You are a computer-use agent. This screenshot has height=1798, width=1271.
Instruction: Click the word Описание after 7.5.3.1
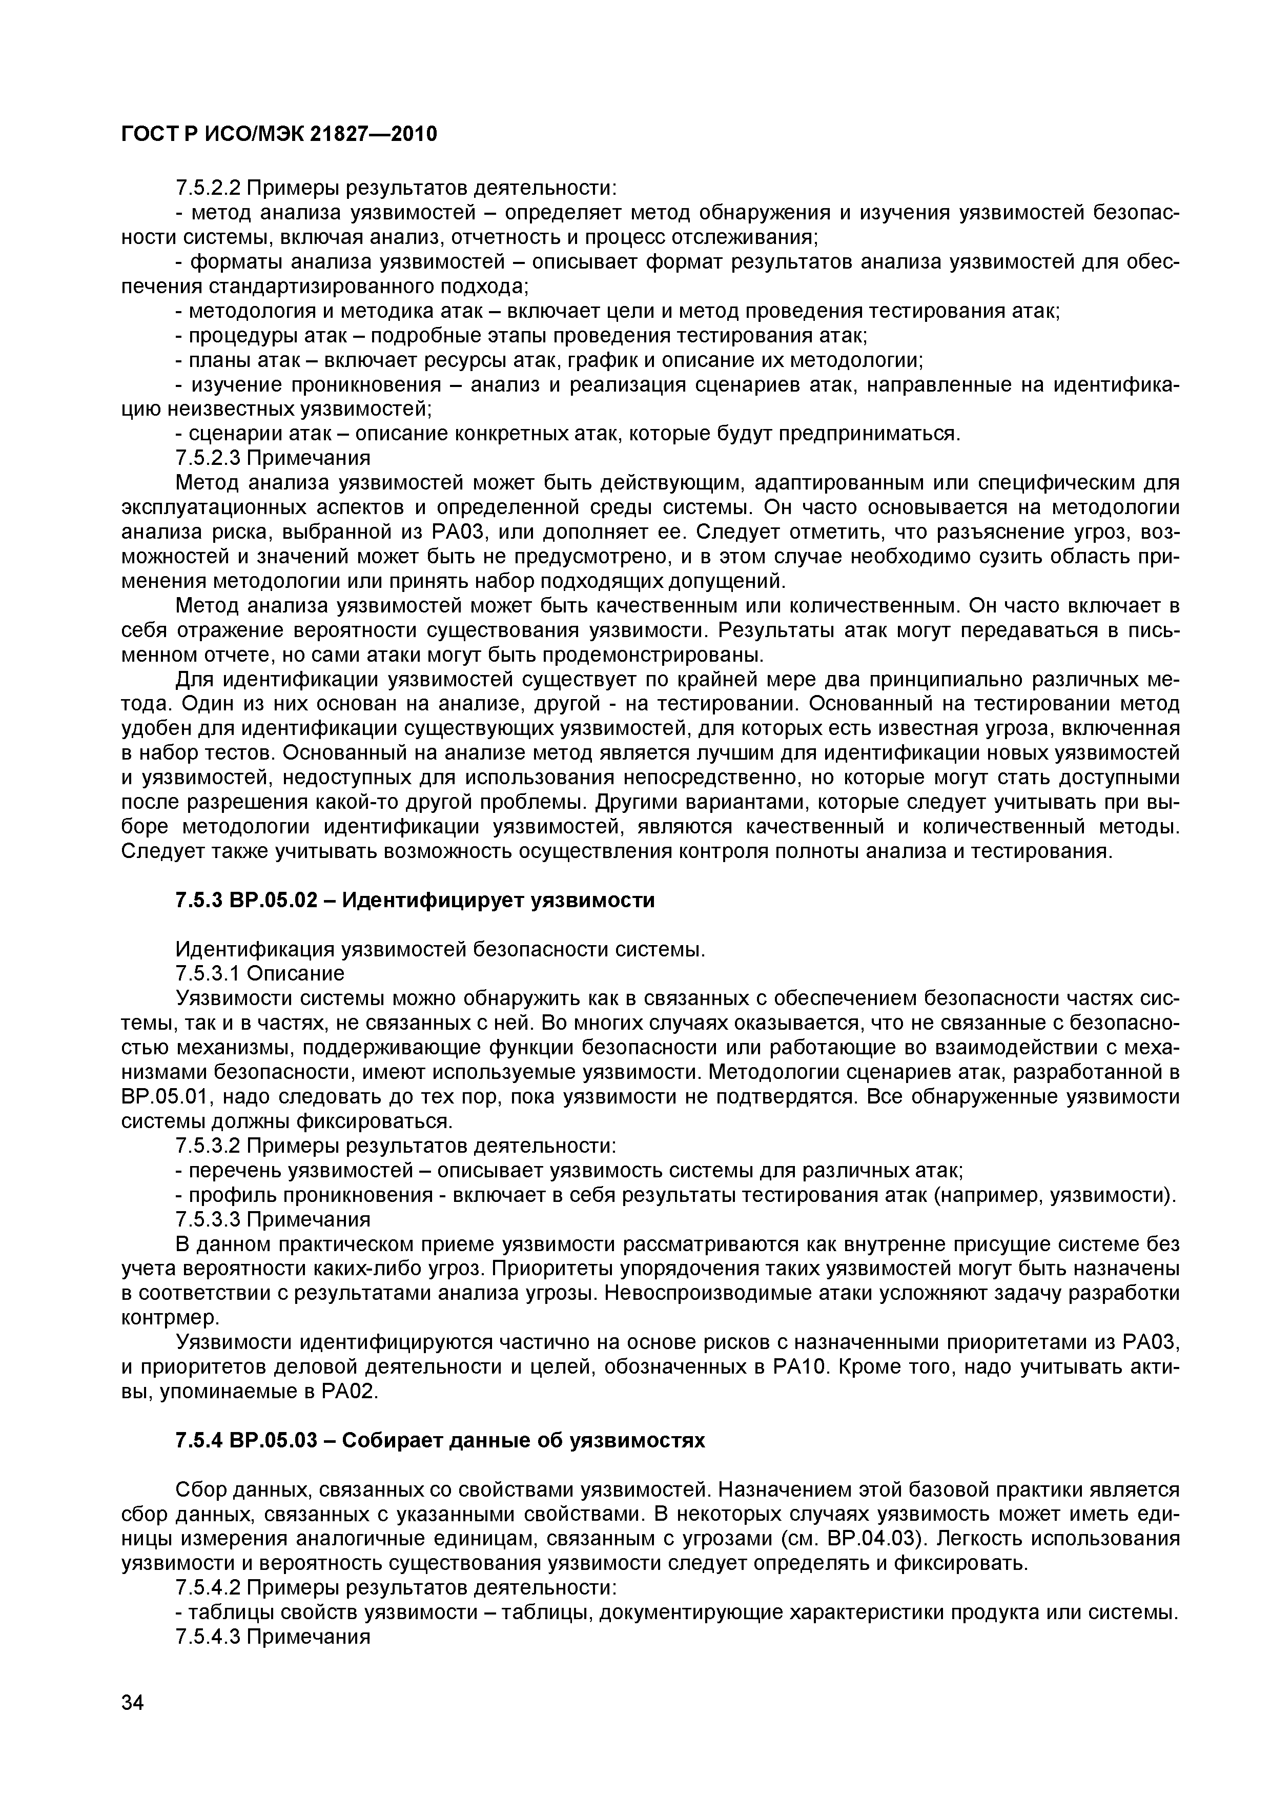coord(296,973)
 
